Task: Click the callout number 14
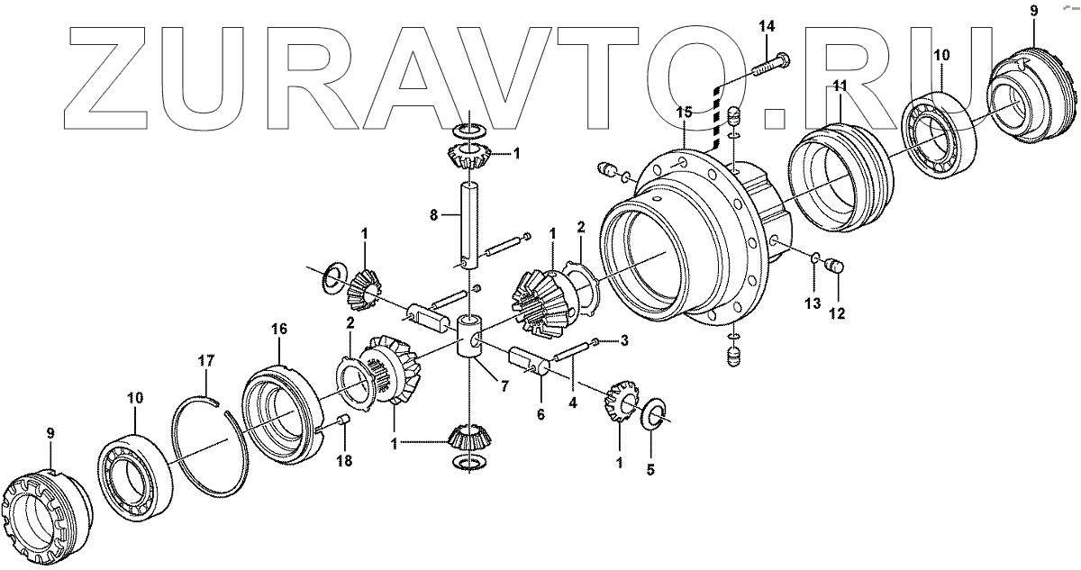pyautogui.click(x=766, y=27)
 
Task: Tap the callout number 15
pyautogui.click(x=685, y=113)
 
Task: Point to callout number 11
pyautogui.click(x=839, y=86)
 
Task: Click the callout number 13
pyautogui.click(x=812, y=303)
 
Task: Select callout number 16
pyautogui.click(x=279, y=330)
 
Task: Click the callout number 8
pyautogui.click(x=433, y=216)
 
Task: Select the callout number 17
pyautogui.click(x=206, y=361)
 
